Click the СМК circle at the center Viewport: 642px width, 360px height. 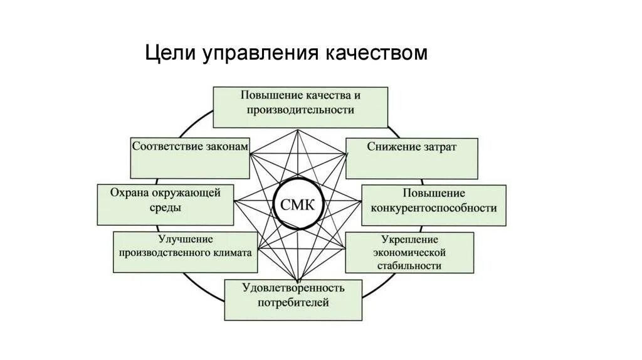(298, 205)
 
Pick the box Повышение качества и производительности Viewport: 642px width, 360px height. (300, 107)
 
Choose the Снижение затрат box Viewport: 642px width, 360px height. (411, 159)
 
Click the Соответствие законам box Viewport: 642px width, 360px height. (190, 157)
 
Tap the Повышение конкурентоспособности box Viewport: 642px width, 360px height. (434, 205)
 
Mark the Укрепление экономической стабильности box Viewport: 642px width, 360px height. (409, 253)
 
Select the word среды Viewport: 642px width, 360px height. (166, 208)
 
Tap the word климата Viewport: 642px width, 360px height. (231, 253)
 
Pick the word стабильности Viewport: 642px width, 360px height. (409, 265)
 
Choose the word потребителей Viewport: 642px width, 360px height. (293, 303)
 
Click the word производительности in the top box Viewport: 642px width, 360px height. (300, 110)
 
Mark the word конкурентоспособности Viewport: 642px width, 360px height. (434, 208)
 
